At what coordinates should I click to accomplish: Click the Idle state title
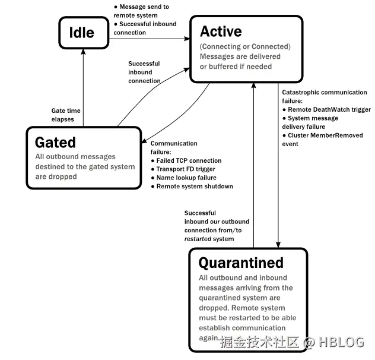pyautogui.click(x=81, y=32)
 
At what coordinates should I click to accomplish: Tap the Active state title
pyautogui.click(x=221, y=31)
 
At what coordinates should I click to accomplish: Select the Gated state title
pyautogui.click(x=55, y=143)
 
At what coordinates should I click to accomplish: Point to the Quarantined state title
pyautogui.click(x=241, y=263)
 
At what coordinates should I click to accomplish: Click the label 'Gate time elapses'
pyautogui.click(x=66, y=115)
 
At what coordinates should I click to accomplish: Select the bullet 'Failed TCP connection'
pyautogui.click(x=189, y=161)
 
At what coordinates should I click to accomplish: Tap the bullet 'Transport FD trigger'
pyautogui.click(x=186, y=169)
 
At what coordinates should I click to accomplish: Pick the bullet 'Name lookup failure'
pyautogui.click(x=186, y=178)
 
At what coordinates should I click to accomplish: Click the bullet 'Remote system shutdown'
pyautogui.click(x=194, y=187)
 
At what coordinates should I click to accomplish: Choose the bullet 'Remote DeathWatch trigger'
pyautogui.click(x=329, y=110)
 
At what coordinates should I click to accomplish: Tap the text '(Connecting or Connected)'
pyautogui.click(x=245, y=46)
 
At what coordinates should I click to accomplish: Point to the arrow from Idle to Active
pyautogui.click(x=148, y=39)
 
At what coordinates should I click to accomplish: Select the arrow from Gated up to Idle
pyautogui.click(x=83, y=89)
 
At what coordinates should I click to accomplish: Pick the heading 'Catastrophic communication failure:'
pyautogui.click(x=324, y=96)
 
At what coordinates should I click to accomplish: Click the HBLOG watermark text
pyautogui.click(x=342, y=343)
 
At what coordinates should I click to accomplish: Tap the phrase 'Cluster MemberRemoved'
pyautogui.click(x=328, y=135)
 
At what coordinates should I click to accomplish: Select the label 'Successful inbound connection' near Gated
pyautogui.click(x=144, y=72)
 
